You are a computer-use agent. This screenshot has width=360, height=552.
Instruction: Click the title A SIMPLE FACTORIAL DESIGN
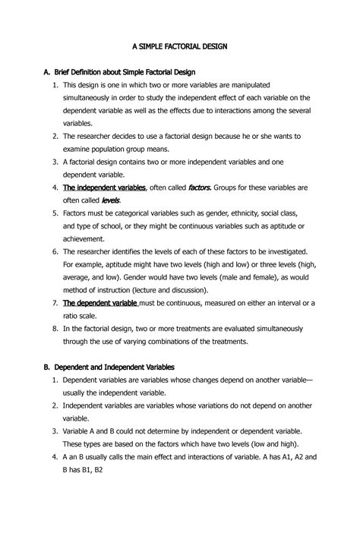[x=180, y=46]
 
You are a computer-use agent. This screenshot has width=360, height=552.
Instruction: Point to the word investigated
[x=277, y=251]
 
